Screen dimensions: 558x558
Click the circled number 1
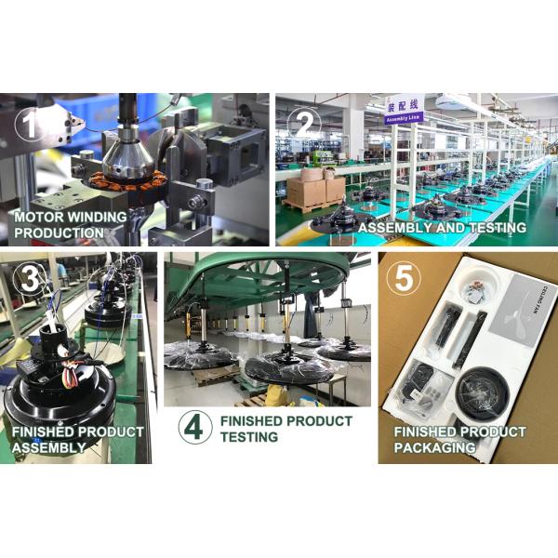[x=31, y=126]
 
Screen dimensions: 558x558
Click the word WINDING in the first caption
[x=99, y=217]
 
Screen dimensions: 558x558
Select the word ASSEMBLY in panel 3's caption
[x=48, y=447]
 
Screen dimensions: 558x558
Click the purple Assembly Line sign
[x=405, y=108]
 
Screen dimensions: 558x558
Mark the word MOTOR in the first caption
[x=38, y=217]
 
